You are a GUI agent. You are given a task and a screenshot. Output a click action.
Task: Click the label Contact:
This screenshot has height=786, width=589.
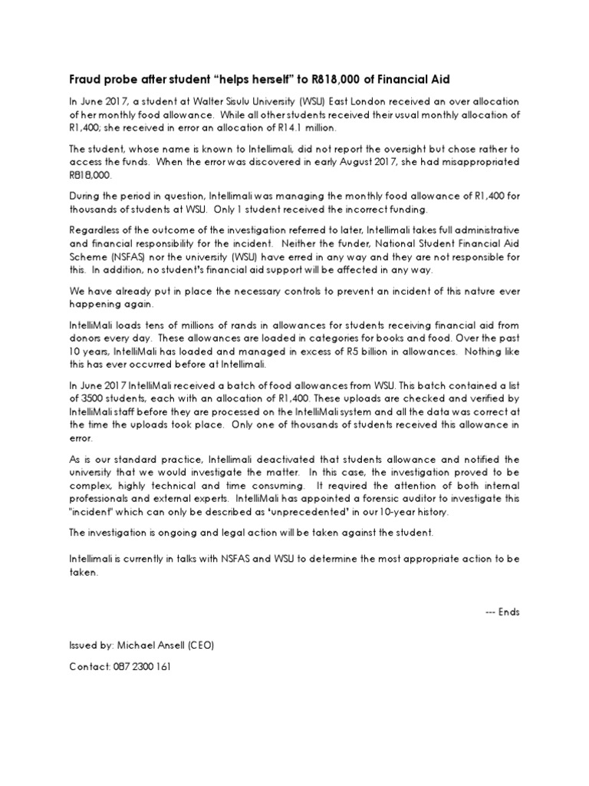[x=90, y=666]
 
